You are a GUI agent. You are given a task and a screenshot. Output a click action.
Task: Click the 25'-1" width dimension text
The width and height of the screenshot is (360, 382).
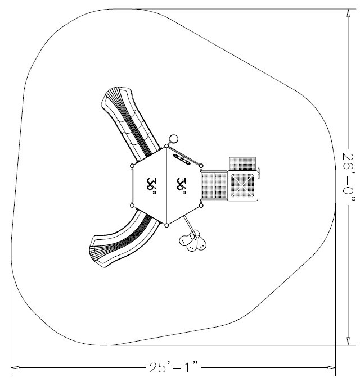174,368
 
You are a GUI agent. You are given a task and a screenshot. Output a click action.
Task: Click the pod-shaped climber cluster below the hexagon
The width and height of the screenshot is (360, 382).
193,242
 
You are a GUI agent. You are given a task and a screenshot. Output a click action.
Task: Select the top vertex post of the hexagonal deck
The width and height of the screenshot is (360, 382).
166,148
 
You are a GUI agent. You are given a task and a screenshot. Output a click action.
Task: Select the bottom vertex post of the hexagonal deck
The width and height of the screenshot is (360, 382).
166,225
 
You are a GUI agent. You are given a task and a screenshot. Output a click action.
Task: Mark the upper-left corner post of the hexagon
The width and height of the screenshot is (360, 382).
132,166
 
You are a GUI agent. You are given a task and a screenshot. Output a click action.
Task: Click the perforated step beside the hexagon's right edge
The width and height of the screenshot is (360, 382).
214,185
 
